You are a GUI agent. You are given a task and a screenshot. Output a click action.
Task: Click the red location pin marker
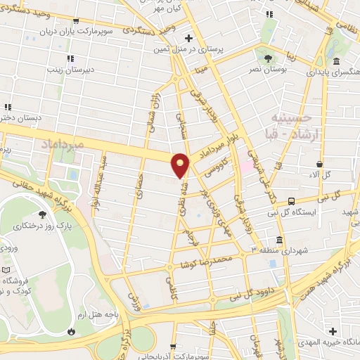[181, 164]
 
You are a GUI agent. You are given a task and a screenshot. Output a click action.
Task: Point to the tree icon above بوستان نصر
[268, 57]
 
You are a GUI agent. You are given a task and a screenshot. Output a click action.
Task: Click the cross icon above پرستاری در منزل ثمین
[188, 37]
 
